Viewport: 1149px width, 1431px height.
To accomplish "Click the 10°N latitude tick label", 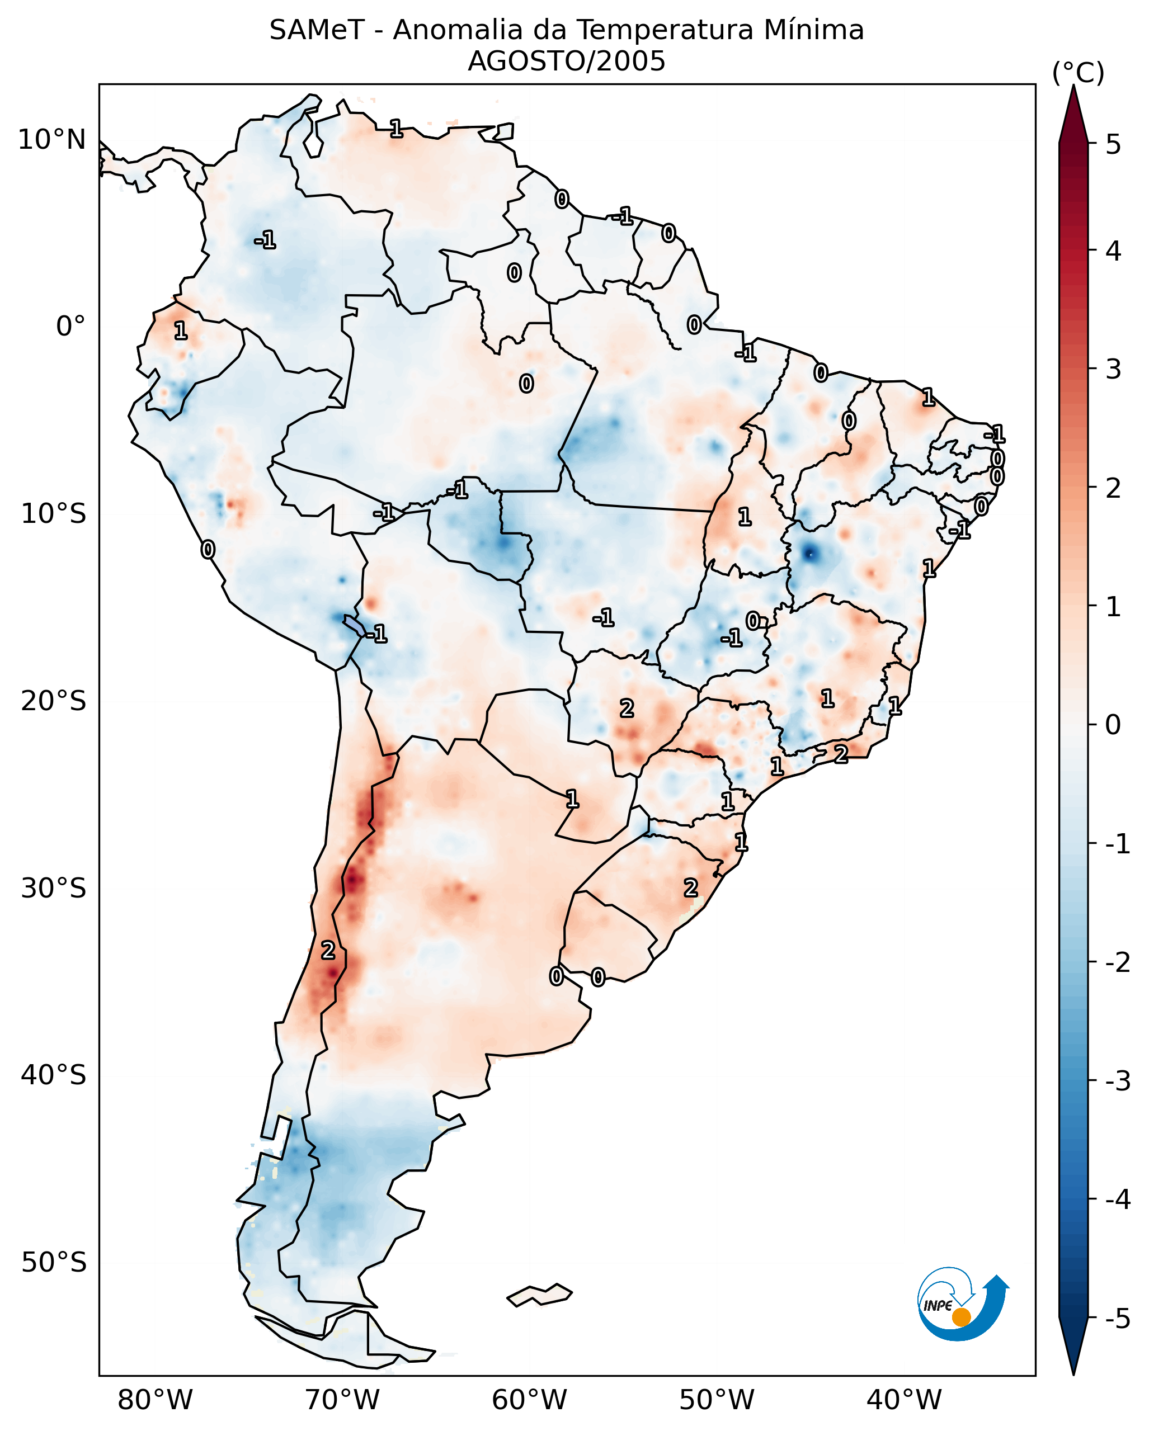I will coord(52,140).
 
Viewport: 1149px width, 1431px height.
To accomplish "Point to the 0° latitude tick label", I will coord(70,327).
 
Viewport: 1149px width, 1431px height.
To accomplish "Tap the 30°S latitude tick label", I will coord(53,888).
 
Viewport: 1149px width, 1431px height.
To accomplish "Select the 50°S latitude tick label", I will coord(53,1263).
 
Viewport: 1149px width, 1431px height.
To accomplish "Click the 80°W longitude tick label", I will coord(154,1400).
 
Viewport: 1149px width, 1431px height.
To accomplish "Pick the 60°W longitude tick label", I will coord(529,1400).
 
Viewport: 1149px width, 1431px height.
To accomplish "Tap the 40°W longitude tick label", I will coord(904,1400).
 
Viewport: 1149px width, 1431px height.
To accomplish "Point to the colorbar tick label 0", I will coord(1113,724).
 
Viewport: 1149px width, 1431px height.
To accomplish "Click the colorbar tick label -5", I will coord(1117,1319).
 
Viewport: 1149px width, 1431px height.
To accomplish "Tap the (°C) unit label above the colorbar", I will coord(1078,73).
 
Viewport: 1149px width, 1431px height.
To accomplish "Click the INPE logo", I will coord(963,1303).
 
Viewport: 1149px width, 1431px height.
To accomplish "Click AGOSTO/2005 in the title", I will coord(566,62).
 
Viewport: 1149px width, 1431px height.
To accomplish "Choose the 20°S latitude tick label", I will coord(53,701).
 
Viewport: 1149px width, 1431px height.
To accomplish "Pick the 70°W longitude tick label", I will coord(342,1400).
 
